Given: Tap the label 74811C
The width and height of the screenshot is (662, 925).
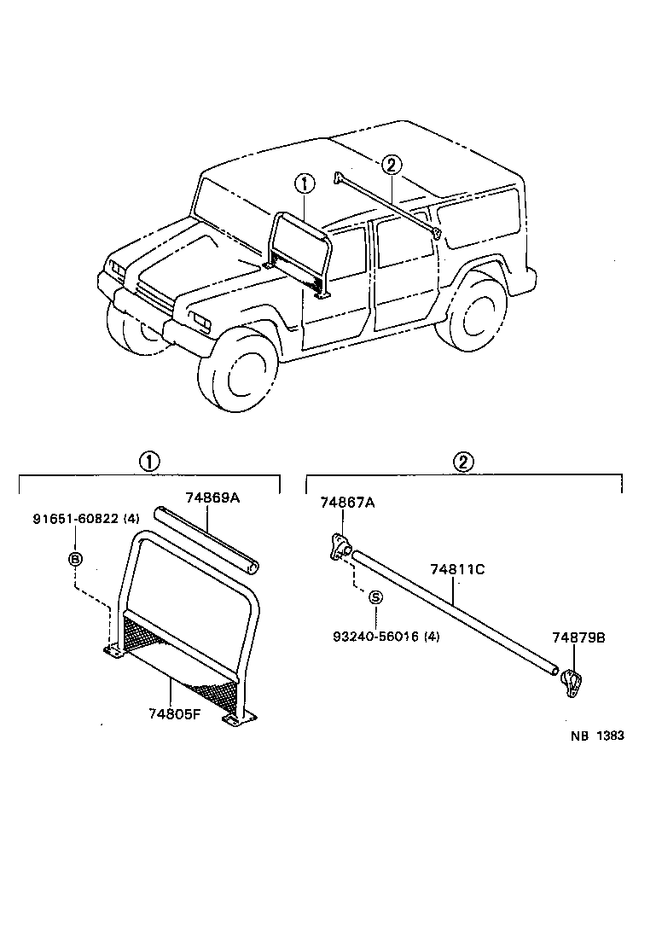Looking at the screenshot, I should pos(457,569).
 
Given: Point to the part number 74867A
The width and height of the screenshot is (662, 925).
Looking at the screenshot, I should pos(347,503).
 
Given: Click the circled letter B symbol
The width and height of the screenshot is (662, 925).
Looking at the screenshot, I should pos(75,558).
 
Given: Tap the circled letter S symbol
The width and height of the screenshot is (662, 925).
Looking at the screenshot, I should pos(375,597).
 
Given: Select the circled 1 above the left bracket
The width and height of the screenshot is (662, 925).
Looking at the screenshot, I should pos(148,462).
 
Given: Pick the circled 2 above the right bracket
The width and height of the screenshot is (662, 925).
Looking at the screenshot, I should pos(463,462).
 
